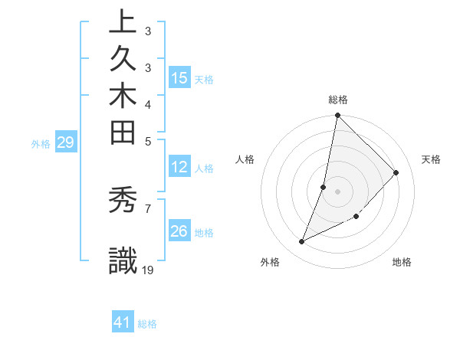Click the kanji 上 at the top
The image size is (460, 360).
123,23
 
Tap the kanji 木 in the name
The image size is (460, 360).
123,98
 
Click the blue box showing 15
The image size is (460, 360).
179,78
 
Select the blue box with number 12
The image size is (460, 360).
179,168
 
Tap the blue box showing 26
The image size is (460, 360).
179,231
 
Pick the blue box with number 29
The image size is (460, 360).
65,142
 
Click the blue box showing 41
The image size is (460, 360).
123,322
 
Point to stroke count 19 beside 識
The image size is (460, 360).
148,269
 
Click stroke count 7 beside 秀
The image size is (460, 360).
147,207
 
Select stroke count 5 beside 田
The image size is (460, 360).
147,140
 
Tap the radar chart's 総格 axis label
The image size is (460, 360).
337,100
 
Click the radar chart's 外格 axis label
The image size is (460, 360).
270,262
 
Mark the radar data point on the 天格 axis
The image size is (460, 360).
396,173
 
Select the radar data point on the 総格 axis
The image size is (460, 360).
337,116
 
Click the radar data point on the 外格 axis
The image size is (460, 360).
302,242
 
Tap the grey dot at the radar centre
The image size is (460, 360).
337,191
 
